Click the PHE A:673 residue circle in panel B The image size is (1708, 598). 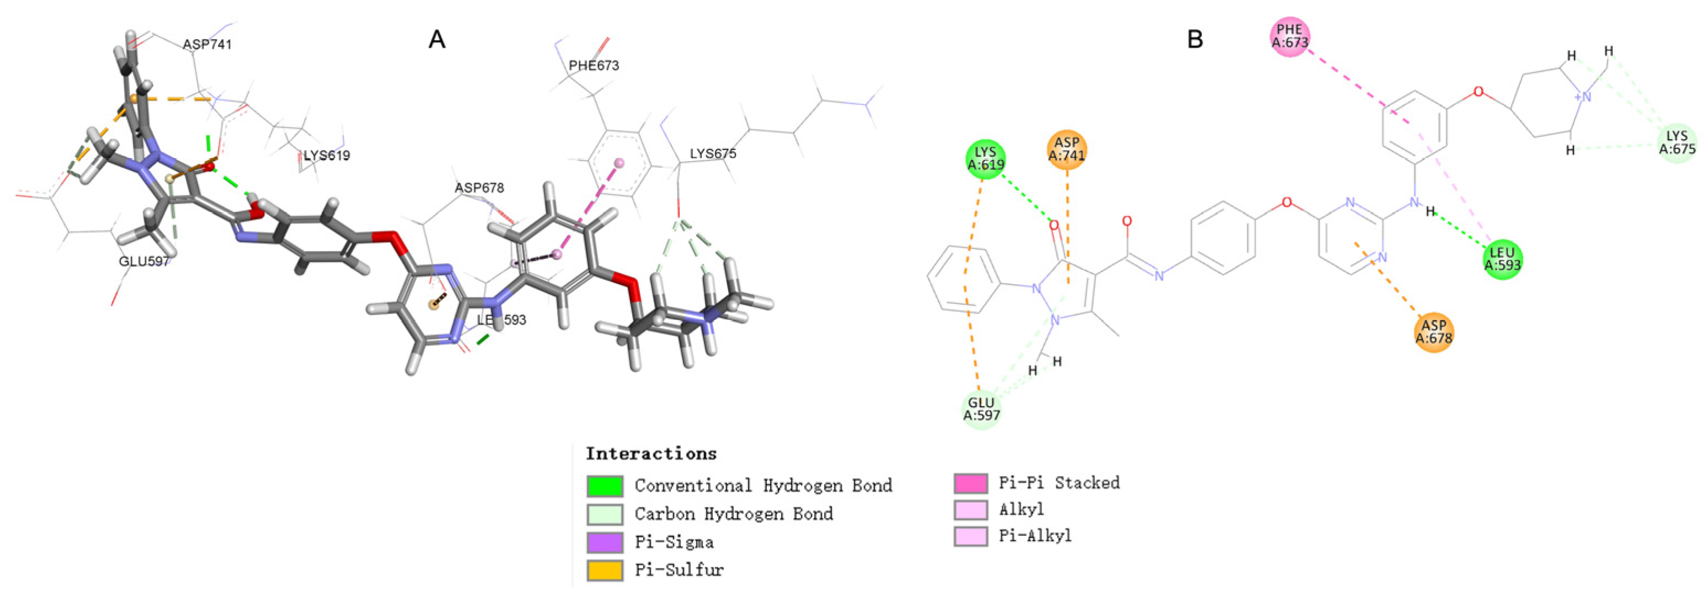point(1290,36)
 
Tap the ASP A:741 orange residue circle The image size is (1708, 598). point(1067,149)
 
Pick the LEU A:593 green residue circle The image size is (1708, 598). point(1502,259)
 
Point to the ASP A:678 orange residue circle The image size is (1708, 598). point(1433,332)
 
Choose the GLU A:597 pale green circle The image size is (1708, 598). point(981,409)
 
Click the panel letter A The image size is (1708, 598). point(437,40)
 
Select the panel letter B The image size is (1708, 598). point(1195,40)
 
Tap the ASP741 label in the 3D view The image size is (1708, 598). point(207,45)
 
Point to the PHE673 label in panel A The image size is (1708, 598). point(594,66)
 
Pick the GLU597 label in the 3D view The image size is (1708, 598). point(144,261)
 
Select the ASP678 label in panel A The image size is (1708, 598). point(479,188)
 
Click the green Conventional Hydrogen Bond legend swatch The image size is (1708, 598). point(605,486)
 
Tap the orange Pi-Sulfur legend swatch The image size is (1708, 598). point(605,570)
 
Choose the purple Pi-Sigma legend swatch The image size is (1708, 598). point(605,542)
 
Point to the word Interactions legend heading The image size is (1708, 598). point(651,454)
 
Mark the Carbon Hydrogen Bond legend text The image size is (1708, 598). point(733,514)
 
